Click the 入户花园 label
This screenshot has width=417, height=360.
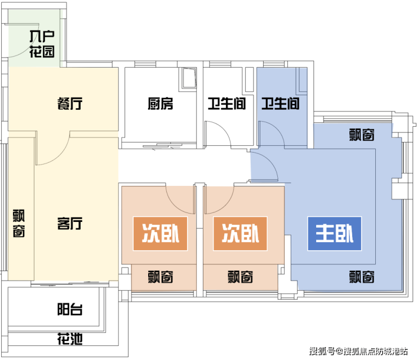(x=42, y=45)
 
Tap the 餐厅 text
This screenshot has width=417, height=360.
(x=70, y=104)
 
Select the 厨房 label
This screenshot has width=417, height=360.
(x=161, y=104)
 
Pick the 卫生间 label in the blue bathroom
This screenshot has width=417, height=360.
(x=280, y=104)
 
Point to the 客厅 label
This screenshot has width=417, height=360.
(x=70, y=224)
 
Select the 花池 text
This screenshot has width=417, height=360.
(x=70, y=339)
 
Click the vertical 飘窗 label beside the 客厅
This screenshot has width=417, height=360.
(x=19, y=224)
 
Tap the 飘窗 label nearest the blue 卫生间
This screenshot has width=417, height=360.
(x=362, y=135)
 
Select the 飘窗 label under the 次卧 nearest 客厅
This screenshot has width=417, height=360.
(x=161, y=277)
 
